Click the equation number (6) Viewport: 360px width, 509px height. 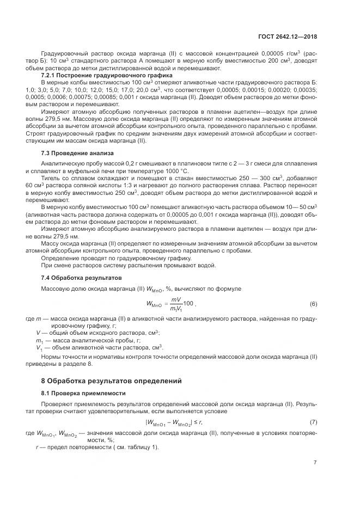(313, 303)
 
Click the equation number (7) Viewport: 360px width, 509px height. (313, 422)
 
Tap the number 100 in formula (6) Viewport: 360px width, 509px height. (188, 303)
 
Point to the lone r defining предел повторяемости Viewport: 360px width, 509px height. (36, 447)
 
